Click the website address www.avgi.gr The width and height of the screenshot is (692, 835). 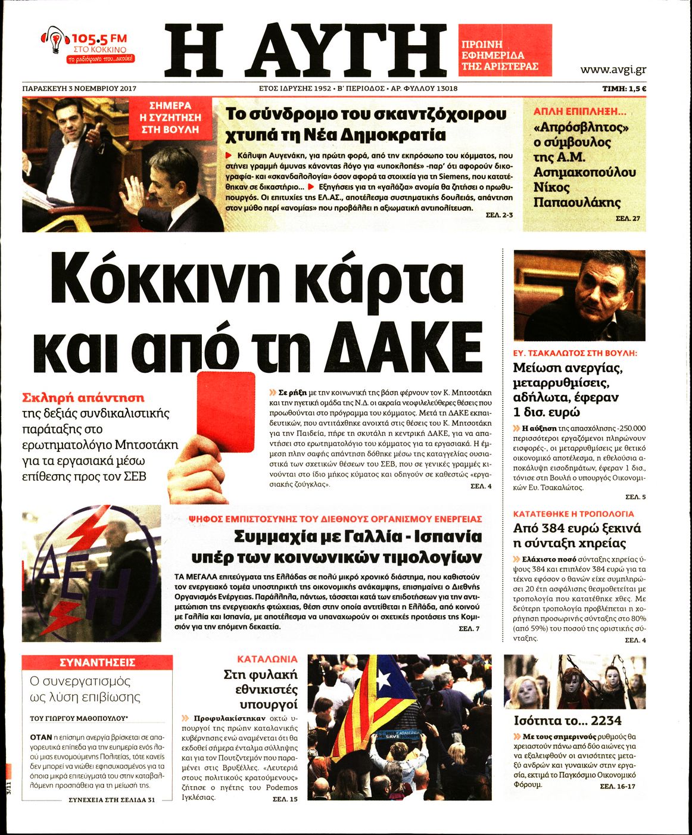click(x=613, y=69)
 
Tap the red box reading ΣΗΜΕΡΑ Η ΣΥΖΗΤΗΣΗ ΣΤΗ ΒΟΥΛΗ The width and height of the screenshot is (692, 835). click(x=170, y=117)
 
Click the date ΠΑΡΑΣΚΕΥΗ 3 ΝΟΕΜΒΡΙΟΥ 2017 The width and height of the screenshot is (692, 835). click(x=79, y=89)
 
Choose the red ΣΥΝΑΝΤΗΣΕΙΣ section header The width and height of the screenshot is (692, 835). click(x=98, y=662)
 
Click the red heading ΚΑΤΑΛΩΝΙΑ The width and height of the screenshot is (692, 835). click(x=267, y=659)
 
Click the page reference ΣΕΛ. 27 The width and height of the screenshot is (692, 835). click(x=628, y=219)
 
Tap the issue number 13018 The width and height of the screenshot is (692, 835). click(x=442, y=89)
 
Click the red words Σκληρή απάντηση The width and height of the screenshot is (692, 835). click(x=83, y=397)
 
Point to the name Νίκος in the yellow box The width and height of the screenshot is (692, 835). click(x=551, y=188)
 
